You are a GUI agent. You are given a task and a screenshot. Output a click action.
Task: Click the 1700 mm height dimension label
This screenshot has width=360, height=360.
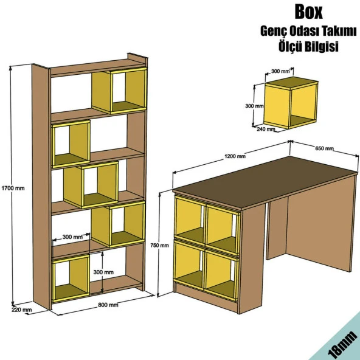pyautogui.click(x=13, y=189)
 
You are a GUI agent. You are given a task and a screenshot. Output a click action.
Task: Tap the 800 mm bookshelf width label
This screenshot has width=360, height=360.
pyautogui.click(x=108, y=305)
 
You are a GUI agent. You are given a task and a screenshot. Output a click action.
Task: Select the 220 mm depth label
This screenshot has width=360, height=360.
pyautogui.click(x=21, y=310)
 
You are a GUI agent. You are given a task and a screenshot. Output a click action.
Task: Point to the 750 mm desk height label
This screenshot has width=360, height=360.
pyautogui.click(x=159, y=246)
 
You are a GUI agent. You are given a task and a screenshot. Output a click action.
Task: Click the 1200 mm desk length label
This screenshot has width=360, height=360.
pyautogui.click(x=235, y=156)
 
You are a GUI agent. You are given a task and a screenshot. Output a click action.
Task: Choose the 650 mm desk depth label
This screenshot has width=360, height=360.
pyautogui.click(x=324, y=148)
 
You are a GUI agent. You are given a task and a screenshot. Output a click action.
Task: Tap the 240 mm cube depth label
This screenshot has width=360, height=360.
pyautogui.click(x=266, y=129)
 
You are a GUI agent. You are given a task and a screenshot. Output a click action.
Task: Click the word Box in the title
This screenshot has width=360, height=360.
pyautogui.click(x=308, y=12)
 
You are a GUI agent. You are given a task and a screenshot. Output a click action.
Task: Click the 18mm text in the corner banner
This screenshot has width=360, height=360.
pyautogui.click(x=344, y=345)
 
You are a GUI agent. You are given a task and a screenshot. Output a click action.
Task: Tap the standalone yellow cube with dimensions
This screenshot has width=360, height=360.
pyautogui.click(x=291, y=102)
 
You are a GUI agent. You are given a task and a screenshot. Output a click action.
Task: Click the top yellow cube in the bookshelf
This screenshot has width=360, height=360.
pyautogui.click(x=119, y=91)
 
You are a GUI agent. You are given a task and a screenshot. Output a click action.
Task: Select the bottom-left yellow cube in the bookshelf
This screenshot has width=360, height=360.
pyautogui.click(x=71, y=279)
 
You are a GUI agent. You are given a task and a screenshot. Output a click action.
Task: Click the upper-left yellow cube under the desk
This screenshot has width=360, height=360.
pyautogui.click(x=190, y=220)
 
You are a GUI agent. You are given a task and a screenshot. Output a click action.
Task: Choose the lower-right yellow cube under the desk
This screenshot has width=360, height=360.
pyautogui.click(x=221, y=275)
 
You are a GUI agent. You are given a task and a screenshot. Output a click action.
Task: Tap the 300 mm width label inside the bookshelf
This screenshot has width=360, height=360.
pyautogui.click(x=72, y=237)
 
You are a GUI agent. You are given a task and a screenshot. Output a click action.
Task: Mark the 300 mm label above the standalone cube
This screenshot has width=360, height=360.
pyautogui.click(x=280, y=71)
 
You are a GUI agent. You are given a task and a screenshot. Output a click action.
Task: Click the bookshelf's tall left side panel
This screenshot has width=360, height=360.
pyautogui.click(x=41, y=187)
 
